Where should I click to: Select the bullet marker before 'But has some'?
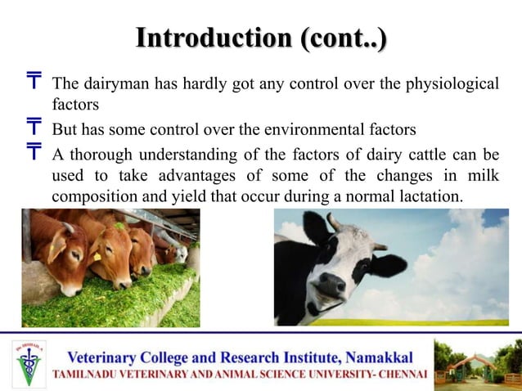point(34,128)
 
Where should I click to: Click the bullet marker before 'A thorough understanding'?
point(34,152)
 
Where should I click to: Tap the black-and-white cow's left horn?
point(334,222)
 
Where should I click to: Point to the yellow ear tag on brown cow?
point(97,256)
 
